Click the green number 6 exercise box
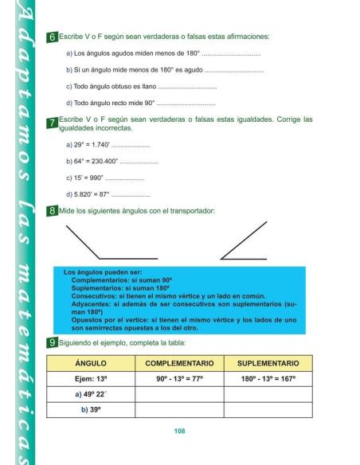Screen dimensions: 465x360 (52, 37)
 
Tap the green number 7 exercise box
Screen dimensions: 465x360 (52, 123)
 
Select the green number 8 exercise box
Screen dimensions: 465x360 (52, 212)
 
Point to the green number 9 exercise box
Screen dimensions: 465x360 (52, 342)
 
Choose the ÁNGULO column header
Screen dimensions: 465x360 (91, 362)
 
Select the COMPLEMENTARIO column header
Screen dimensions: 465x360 (180, 362)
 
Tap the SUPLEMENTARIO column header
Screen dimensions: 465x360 (268, 362)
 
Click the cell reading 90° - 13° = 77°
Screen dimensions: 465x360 (180, 378)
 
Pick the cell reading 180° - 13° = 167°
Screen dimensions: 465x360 (268, 378)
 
